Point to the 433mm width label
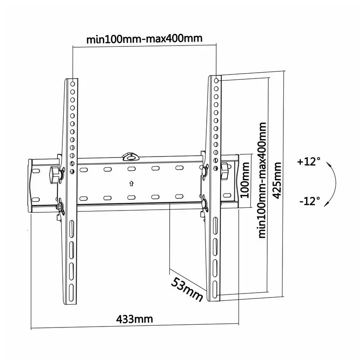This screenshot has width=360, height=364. point(135,319)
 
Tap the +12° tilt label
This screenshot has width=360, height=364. point(309,162)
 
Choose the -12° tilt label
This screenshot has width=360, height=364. point(310,201)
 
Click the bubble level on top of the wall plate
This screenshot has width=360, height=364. point(131,156)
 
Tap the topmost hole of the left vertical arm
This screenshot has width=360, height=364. point(73,83)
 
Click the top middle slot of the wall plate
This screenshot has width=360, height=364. point(131,169)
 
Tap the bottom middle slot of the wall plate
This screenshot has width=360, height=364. point(131,197)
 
